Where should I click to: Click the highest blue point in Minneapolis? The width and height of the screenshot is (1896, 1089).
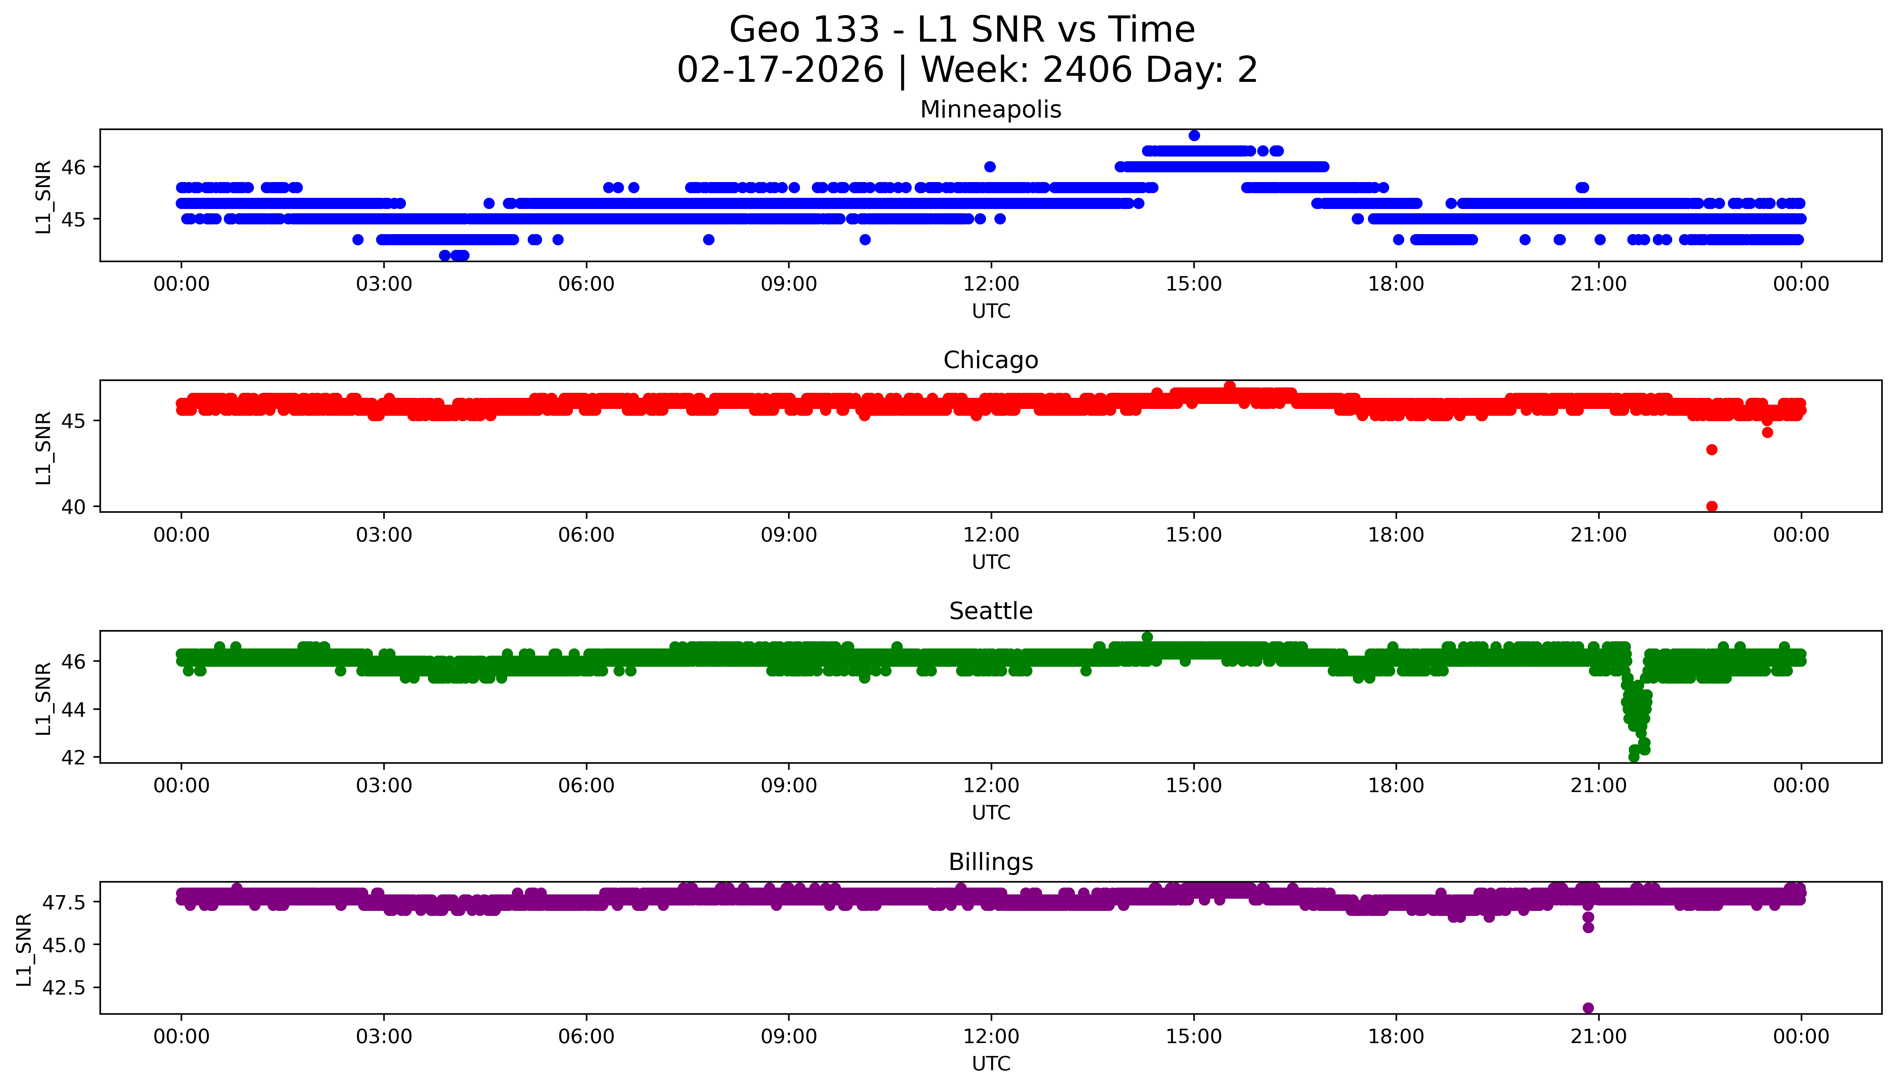click(1194, 135)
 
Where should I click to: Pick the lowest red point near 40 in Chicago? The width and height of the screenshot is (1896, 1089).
click(1711, 506)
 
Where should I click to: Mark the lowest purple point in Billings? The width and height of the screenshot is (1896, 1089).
click(1588, 1008)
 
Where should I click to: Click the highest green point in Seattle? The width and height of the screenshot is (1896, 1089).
click(1147, 637)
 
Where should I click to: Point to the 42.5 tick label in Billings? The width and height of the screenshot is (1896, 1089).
click(65, 987)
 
